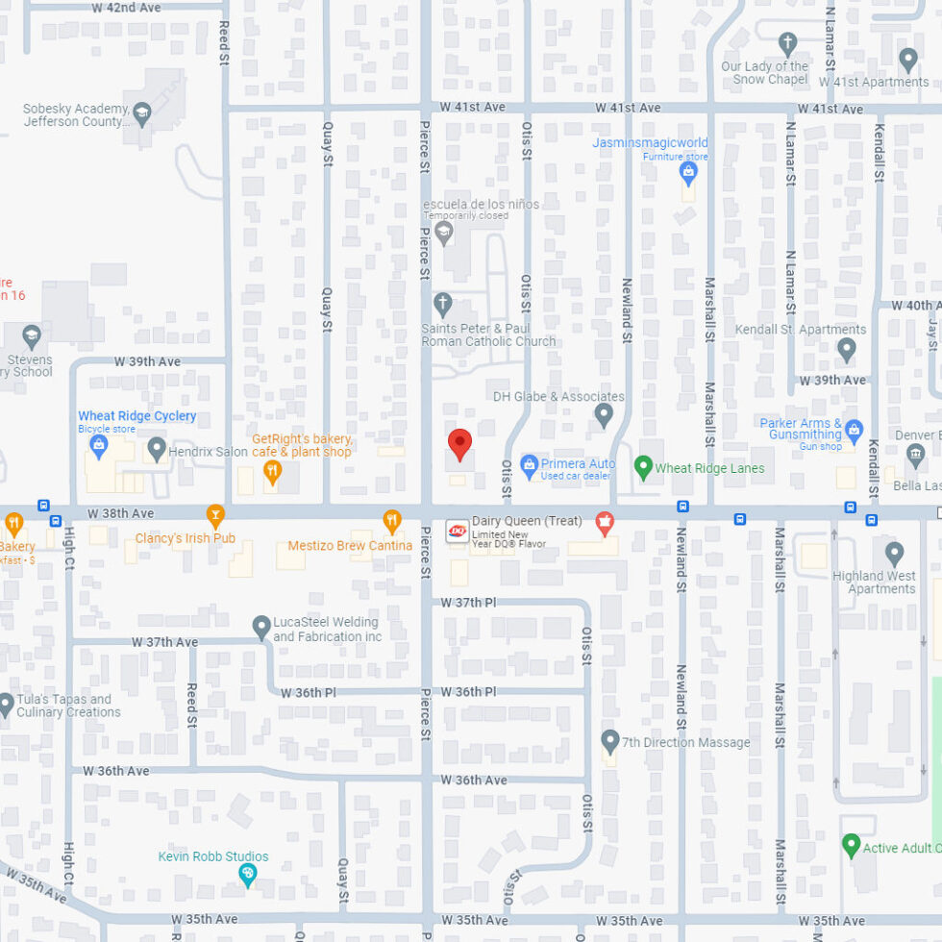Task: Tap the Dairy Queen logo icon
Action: tap(458, 531)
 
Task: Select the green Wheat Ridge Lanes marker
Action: tap(644, 467)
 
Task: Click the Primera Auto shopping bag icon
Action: tap(529, 466)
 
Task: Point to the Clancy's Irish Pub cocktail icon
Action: tap(215, 516)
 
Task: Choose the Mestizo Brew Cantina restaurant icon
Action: tap(392, 521)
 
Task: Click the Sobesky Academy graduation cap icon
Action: tap(142, 113)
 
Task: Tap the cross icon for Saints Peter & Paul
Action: tap(442, 305)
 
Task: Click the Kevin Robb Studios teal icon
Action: tap(247, 874)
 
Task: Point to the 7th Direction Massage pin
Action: tap(609, 741)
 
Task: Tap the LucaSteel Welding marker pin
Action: tap(260, 628)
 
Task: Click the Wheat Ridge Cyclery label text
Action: tap(137, 416)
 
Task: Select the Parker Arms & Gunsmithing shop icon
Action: tap(854, 430)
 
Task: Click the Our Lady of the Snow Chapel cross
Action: tap(788, 43)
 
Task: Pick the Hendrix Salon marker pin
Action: tap(157, 448)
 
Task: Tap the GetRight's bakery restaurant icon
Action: tap(272, 471)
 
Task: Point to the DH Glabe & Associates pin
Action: tap(604, 414)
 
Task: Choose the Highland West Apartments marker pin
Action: tap(895, 553)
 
